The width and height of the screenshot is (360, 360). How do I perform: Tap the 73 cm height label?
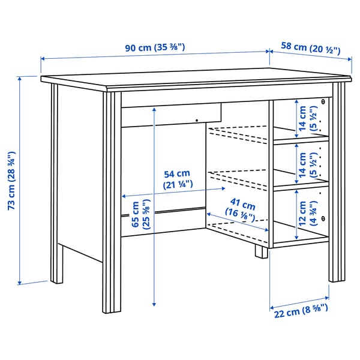point(11,181)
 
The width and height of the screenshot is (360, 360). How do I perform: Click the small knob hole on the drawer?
point(197,121)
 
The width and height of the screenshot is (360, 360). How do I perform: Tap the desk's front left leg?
point(111,204)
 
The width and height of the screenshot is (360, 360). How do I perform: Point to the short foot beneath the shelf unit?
point(261,251)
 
